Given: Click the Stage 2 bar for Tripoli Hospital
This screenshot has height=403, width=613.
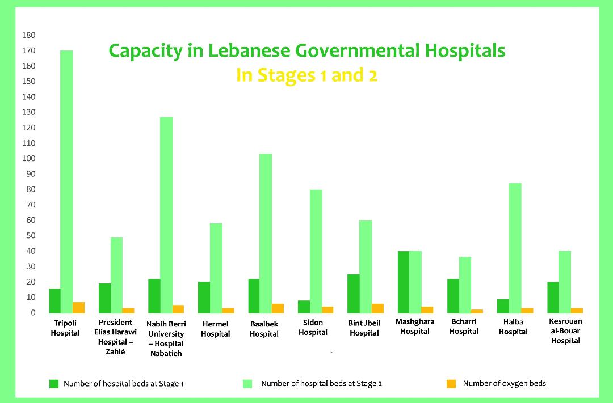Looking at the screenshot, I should [66, 181].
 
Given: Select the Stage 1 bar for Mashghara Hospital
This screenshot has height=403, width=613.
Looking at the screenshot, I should [403, 282].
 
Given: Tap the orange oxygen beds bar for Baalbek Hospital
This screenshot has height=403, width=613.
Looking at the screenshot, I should [278, 308].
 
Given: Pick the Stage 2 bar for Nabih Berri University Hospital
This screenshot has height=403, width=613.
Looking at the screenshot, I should [166, 215].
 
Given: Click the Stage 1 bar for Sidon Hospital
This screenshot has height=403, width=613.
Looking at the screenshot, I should [304, 307].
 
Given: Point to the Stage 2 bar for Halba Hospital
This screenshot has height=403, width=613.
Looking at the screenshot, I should [515, 248].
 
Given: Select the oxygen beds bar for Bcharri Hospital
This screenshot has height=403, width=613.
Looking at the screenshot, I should [477, 311].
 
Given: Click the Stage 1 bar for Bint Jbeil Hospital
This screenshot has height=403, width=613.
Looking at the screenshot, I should [353, 294].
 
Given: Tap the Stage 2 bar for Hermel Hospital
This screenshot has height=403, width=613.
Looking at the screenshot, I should [216, 268].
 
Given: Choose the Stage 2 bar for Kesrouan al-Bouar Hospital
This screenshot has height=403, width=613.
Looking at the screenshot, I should [564, 282].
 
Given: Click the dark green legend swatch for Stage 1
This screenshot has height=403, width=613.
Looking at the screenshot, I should [54, 384].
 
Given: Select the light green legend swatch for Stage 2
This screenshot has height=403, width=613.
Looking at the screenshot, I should [247, 384].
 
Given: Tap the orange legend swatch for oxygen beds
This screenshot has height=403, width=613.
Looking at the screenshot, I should [451, 384].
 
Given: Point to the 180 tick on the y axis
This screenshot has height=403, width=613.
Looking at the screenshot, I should [29, 35].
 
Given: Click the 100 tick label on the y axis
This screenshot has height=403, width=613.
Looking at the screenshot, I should [29, 159].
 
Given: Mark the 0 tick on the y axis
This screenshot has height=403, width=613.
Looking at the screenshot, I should [33, 313].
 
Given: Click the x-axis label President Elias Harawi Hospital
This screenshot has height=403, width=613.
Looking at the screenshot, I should [115, 337].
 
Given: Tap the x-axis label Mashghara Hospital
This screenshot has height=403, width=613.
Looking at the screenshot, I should [415, 326].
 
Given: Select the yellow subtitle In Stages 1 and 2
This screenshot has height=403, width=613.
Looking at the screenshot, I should [306, 75].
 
